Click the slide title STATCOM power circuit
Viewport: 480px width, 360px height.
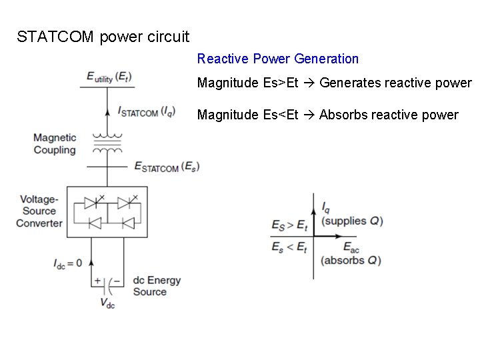coord(103,37)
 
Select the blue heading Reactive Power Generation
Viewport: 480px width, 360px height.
coord(277,59)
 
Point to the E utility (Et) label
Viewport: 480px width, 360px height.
coord(109,78)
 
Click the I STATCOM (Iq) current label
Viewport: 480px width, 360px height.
coord(147,111)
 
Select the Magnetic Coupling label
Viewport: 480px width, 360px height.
coord(55,144)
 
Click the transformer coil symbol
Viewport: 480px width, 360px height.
coord(107,141)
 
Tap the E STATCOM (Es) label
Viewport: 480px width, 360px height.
coord(167,166)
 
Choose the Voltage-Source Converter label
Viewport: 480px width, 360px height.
coord(39,211)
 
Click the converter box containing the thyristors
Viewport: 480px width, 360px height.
coord(107,211)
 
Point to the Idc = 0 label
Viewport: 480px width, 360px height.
coord(67,263)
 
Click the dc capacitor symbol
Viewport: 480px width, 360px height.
coord(107,281)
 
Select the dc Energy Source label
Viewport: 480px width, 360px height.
coord(157,286)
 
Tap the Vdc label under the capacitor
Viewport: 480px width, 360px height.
coord(107,303)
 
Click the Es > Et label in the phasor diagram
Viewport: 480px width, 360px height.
coord(289,225)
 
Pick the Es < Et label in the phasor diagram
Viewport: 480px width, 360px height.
coord(289,247)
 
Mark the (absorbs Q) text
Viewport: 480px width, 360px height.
coord(351,260)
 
